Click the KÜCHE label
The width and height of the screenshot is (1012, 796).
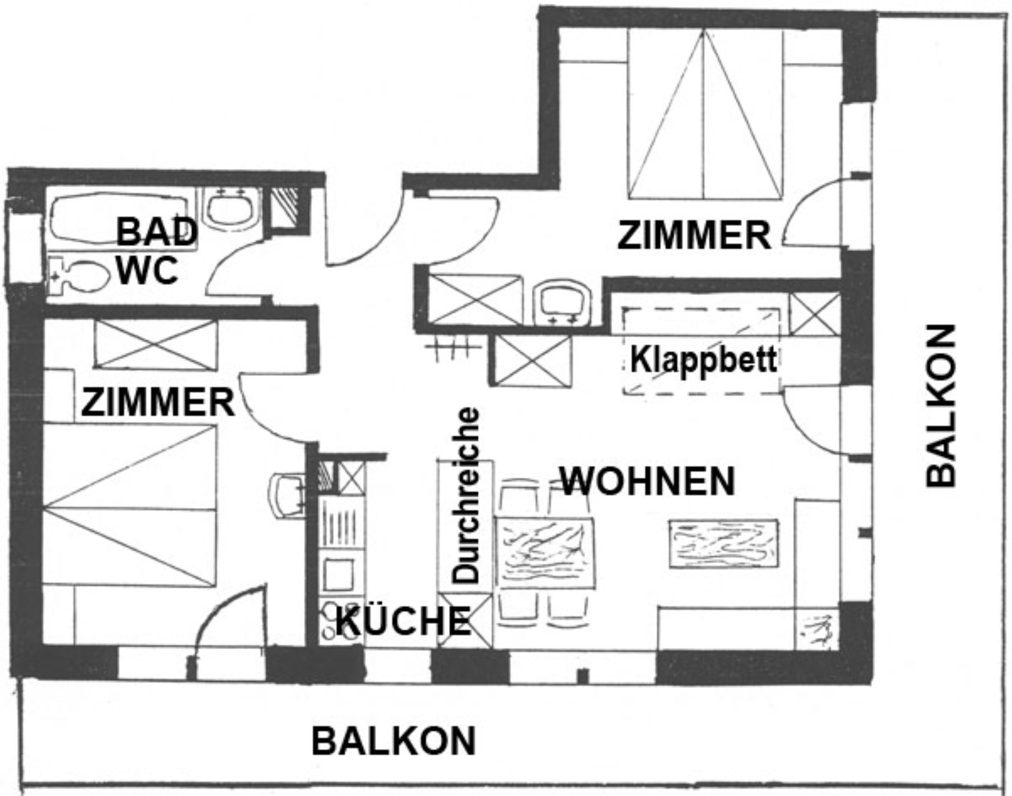(403, 622)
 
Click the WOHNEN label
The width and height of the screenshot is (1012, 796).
(648, 481)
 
